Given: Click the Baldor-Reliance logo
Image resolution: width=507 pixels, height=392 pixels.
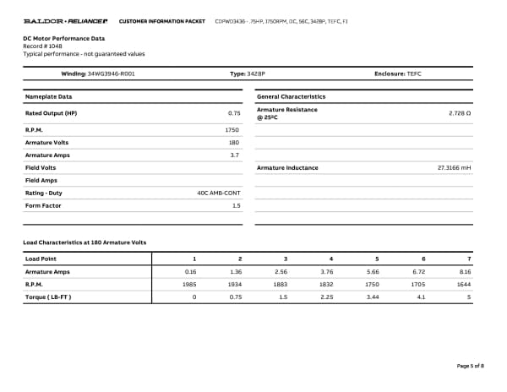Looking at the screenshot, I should pyautogui.click(x=65, y=20).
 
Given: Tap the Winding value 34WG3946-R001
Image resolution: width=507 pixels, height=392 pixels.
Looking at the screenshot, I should pyautogui.click(x=111, y=74).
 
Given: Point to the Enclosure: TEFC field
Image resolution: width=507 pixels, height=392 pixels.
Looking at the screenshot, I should pyautogui.click(x=397, y=74).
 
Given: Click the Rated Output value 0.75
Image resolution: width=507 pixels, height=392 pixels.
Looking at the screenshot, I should pyautogui.click(x=234, y=112).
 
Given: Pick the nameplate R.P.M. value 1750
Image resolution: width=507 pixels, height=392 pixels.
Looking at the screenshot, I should pyautogui.click(x=232, y=130).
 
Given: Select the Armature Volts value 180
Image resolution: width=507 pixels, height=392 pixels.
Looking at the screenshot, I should pyautogui.click(x=234, y=143).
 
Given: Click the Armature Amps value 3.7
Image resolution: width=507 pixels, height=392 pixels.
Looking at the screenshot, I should pyautogui.click(x=235, y=155).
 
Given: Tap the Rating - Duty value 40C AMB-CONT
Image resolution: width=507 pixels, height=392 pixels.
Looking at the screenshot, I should pyautogui.click(x=218, y=193).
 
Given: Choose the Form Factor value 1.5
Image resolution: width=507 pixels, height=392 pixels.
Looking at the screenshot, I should pyautogui.click(x=236, y=205).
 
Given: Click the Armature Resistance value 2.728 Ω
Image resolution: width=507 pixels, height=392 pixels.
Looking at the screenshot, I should pyautogui.click(x=460, y=112).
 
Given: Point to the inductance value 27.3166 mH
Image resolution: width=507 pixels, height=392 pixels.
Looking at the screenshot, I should pyautogui.click(x=454, y=168).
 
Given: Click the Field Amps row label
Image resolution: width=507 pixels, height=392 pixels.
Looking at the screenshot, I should pyautogui.click(x=41, y=181).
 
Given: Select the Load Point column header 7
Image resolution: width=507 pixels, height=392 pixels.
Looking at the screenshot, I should pyautogui.click(x=469, y=258).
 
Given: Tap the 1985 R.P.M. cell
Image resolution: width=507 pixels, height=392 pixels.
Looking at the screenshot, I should pyautogui.click(x=189, y=285).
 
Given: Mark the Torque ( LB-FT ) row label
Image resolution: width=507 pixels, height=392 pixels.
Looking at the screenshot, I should pyautogui.click(x=48, y=297).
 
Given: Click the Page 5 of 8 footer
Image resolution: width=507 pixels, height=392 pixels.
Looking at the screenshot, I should pyautogui.click(x=470, y=366).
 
